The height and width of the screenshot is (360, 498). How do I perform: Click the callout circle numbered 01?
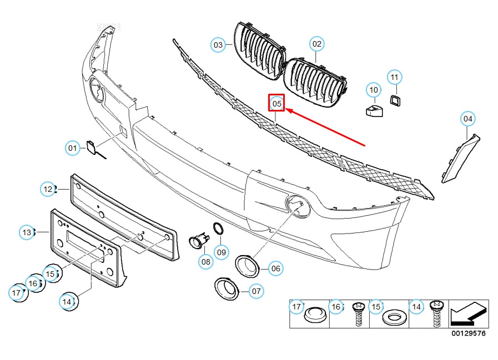tap(73, 148)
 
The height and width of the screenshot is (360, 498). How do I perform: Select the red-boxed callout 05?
tap(276, 103)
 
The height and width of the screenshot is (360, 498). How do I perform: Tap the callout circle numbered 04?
tap(469, 118)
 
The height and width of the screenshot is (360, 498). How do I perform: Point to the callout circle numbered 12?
tap(49, 189)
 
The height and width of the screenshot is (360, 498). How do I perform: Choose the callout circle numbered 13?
tap(27, 231)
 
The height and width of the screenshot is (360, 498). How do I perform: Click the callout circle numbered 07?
tap(256, 290)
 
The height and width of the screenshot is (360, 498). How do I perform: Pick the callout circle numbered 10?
tap(373, 89)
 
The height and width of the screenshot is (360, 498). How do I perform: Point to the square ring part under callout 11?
tap(395, 101)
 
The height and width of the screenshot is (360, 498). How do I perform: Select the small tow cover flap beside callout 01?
tap(90, 147)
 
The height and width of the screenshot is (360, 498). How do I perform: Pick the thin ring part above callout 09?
tap(218, 229)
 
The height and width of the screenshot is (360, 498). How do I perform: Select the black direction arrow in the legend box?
tap(469, 315)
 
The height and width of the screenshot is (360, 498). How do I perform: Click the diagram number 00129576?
tap(468, 334)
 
